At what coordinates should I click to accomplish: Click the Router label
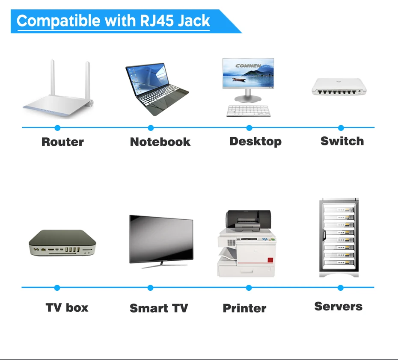62,142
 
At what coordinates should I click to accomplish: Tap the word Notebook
160,142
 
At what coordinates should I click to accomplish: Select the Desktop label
255,142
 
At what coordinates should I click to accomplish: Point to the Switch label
342,141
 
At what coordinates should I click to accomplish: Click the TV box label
67,307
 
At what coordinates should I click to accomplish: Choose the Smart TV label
159,308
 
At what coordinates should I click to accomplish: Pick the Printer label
244,308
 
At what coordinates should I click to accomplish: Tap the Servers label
338,307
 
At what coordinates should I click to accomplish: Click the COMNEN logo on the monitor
248,66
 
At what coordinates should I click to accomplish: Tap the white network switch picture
339,87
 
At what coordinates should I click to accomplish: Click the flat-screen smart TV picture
161,241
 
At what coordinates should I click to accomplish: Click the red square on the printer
270,260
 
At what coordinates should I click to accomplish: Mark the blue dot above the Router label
57,127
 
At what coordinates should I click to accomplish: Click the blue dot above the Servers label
340,288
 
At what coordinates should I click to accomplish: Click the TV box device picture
62,243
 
